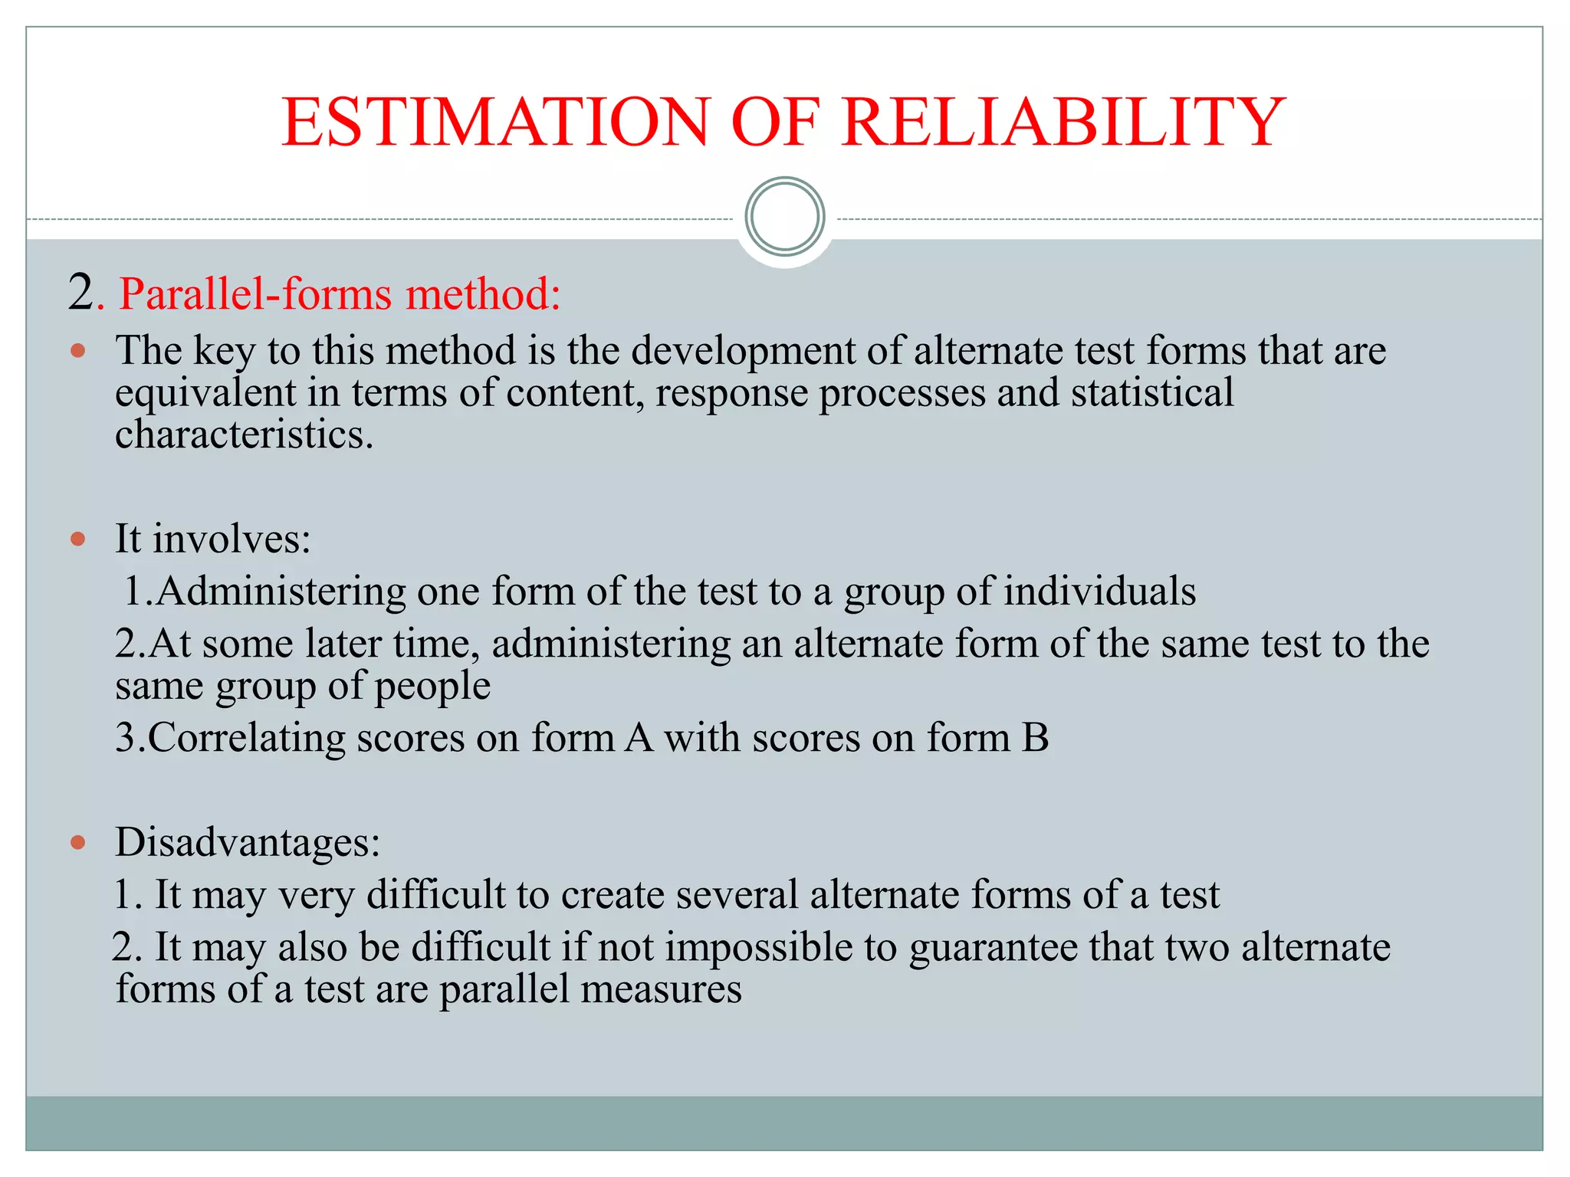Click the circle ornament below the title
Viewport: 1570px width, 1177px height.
point(784,217)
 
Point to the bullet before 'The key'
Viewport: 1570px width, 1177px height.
point(77,352)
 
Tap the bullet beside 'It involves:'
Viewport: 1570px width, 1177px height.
point(77,539)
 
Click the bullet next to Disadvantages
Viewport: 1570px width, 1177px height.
point(77,843)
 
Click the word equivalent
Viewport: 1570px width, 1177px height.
point(205,392)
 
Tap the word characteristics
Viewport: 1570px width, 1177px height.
point(244,434)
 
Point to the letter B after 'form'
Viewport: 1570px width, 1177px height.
point(1035,738)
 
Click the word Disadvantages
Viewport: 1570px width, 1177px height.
point(247,842)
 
